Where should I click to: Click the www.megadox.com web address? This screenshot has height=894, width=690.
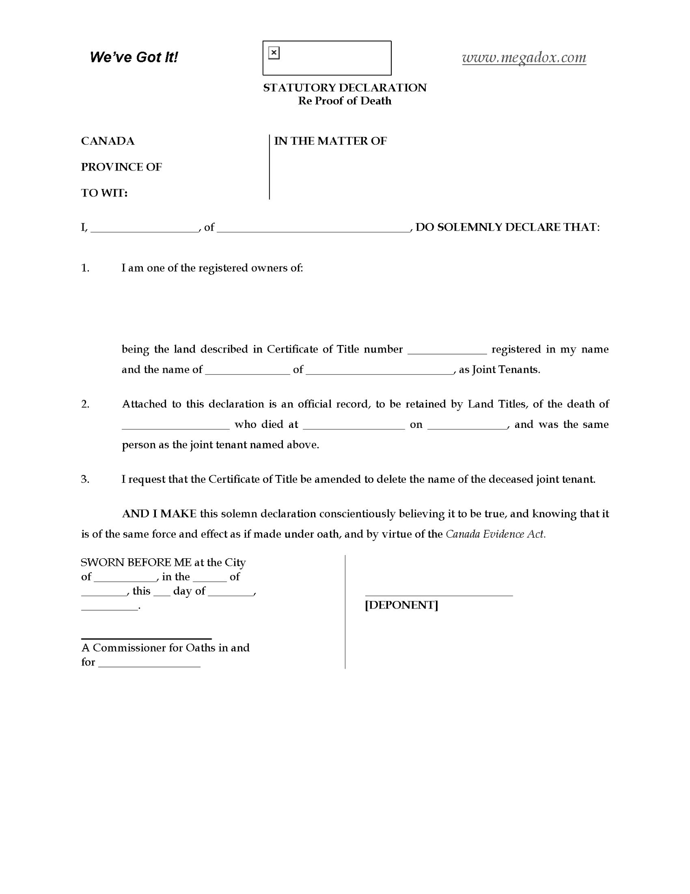[524, 57]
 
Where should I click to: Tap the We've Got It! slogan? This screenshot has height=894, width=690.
[134, 57]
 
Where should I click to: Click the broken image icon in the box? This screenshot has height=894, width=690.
[274, 53]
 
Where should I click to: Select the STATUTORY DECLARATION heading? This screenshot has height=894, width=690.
[344, 88]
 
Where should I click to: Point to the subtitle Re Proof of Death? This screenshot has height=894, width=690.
[344, 101]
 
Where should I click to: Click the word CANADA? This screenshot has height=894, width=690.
[107, 141]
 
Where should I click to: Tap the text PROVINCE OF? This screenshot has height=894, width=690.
[121, 167]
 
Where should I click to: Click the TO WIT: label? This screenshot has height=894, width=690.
[104, 193]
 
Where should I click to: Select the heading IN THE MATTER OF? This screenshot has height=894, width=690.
[330, 141]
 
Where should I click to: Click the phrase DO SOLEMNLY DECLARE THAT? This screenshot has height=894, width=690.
[507, 227]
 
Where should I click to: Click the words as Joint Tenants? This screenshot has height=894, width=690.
[500, 370]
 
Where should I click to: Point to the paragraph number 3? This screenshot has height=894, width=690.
[85, 479]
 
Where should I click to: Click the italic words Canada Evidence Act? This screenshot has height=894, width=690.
[496, 534]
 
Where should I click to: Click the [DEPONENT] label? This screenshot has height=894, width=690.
[401, 605]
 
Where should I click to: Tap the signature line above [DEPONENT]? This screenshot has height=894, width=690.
[439, 595]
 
